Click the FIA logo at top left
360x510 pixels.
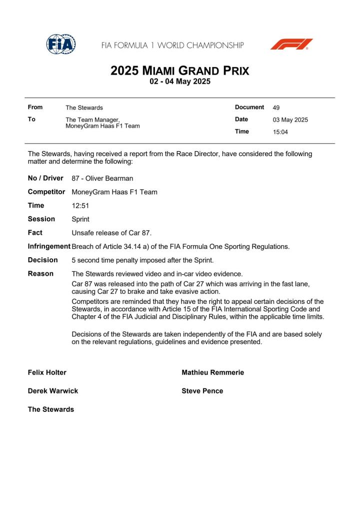(61, 45)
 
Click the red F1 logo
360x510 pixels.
(291, 45)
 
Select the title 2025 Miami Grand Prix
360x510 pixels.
(179, 71)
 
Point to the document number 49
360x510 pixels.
(276, 108)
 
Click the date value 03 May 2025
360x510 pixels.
(290, 120)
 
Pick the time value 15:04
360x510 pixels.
(280, 132)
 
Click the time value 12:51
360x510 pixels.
(80, 206)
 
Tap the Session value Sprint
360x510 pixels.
(80, 219)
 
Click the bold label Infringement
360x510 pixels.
(49, 246)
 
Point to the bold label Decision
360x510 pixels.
(42, 260)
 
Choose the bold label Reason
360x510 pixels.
(40, 273)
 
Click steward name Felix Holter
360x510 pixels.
(47, 372)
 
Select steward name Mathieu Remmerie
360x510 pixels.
(212, 372)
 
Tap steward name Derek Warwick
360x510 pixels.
(52, 391)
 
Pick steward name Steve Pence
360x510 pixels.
(202, 391)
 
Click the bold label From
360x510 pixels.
(35, 107)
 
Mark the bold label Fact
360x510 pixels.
(35, 233)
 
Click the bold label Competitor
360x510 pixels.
(46, 192)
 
